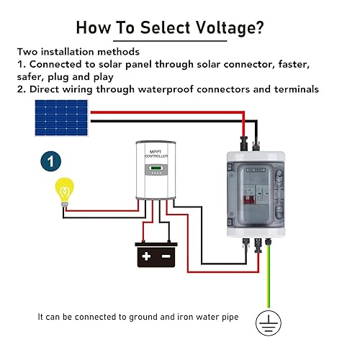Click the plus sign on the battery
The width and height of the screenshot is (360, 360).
147,256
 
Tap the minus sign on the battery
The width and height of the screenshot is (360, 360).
166,256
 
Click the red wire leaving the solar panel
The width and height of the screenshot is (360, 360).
173,112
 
